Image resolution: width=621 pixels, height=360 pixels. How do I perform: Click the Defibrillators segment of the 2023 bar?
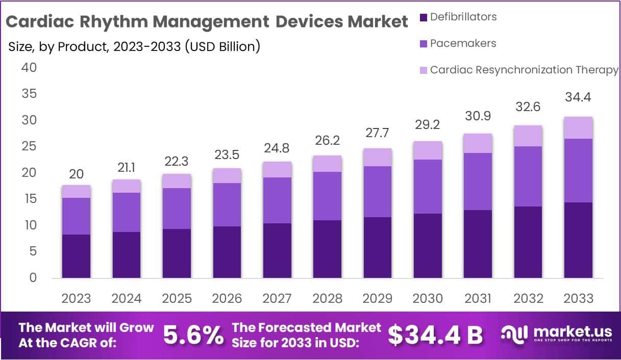pyautogui.click(x=76, y=256)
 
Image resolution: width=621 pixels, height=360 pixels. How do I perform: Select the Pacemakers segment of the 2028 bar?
pyautogui.click(x=327, y=196)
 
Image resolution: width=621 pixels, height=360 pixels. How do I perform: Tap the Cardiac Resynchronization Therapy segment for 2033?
pyautogui.click(x=578, y=127)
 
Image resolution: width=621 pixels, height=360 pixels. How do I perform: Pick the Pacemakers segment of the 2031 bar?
pyautogui.click(x=478, y=181)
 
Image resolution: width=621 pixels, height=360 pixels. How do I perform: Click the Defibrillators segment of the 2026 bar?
pyautogui.click(x=227, y=252)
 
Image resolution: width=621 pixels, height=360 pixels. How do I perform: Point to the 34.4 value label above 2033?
pyautogui.click(x=578, y=97)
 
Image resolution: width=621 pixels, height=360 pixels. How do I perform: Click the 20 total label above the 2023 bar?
pyautogui.click(x=76, y=174)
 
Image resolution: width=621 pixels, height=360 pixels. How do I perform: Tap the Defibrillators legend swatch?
pyautogui.click(x=423, y=17)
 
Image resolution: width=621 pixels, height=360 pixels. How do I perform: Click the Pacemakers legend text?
pyautogui.click(x=463, y=43)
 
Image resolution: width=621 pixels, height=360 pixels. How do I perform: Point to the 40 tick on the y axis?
pyautogui.click(x=29, y=67)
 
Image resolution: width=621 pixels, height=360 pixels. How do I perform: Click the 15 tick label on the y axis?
pyautogui.click(x=29, y=199)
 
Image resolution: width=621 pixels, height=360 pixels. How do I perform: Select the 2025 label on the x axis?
pyautogui.click(x=177, y=298)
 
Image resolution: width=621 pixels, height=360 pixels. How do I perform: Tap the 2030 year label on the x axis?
pyautogui.click(x=428, y=298)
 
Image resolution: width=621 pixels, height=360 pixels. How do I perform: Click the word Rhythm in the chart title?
pyautogui.click(x=118, y=22)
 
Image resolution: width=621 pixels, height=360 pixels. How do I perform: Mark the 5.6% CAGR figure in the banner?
pyautogui.click(x=193, y=335)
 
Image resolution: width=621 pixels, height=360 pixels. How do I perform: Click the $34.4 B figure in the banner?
pyautogui.click(x=435, y=335)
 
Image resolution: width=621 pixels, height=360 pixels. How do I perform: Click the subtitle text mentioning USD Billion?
pyautogui.click(x=134, y=46)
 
